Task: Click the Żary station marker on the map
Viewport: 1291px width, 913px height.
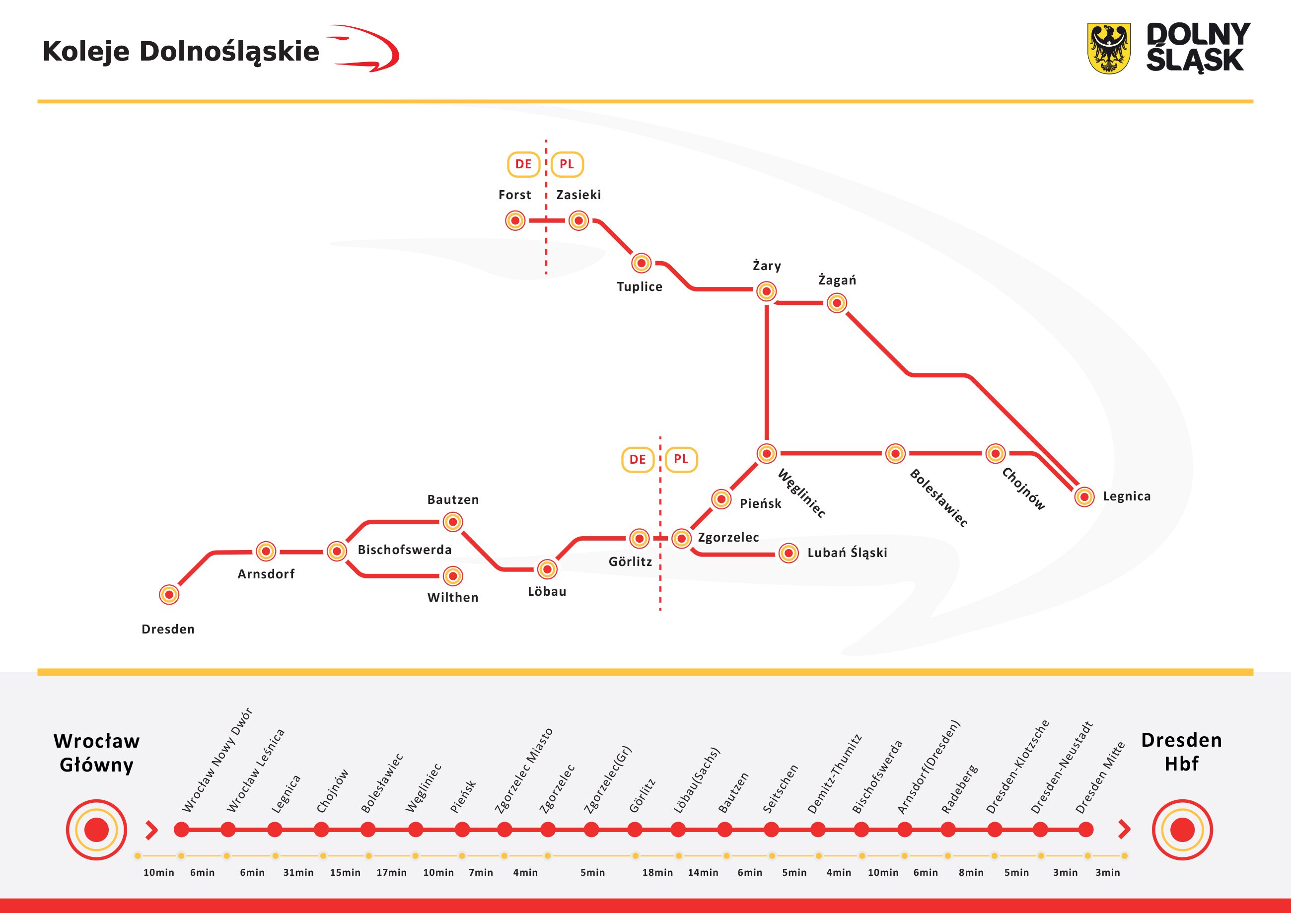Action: (766, 291)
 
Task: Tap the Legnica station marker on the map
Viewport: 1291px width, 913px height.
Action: (1084, 497)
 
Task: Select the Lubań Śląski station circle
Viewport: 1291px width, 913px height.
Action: (789, 553)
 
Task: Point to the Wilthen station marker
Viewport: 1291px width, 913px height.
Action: (453, 576)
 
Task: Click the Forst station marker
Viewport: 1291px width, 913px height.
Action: (515, 220)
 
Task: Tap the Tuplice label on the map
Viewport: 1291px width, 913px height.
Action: (640, 287)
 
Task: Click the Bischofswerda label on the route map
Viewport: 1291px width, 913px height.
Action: (404, 550)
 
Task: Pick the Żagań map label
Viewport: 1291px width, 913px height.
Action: (837, 280)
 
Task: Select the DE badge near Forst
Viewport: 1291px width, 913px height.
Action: (523, 164)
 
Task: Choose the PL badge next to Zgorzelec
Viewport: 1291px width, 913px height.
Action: (681, 459)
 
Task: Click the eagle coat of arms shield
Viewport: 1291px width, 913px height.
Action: (1108, 48)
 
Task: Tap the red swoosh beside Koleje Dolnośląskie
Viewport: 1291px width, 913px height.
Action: (365, 50)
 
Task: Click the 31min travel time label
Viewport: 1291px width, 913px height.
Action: (298, 872)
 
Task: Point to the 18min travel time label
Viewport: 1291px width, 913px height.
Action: (657, 872)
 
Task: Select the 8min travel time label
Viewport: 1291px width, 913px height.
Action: (971, 872)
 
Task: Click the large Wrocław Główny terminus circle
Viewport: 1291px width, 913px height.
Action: (96, 830)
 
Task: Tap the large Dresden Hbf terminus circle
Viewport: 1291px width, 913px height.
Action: (1182, 830)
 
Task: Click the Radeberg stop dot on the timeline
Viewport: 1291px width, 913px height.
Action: (948, 829)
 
